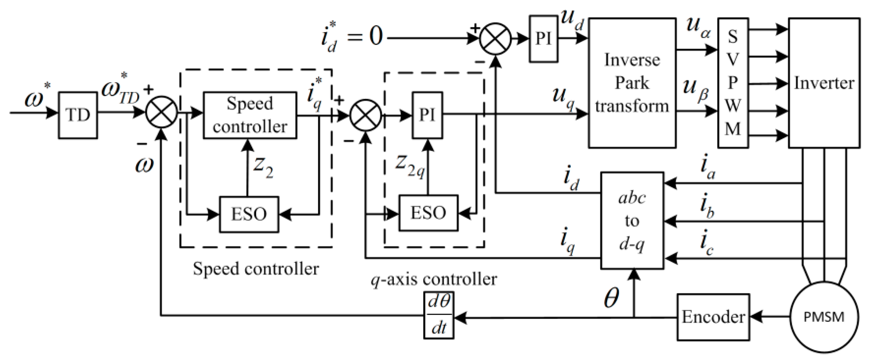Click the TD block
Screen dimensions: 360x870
[78, 115]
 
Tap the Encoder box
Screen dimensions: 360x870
[713, 317]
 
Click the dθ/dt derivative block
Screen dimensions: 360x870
[438, 316]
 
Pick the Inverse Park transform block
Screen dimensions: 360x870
[632, 83]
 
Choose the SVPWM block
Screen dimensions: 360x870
[733, 83]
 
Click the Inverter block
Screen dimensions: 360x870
[824, 83]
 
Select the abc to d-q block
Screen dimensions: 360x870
[632, 221]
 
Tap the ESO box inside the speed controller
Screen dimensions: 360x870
[249, 214]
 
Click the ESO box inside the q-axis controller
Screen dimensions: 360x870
[428, 213]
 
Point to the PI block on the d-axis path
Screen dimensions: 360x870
[543, 39]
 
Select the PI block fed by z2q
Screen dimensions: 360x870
[427, 115]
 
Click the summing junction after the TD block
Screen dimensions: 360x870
[161, 112]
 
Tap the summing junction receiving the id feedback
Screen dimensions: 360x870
[495, 39]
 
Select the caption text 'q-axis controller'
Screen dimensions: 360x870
[434, 279]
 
